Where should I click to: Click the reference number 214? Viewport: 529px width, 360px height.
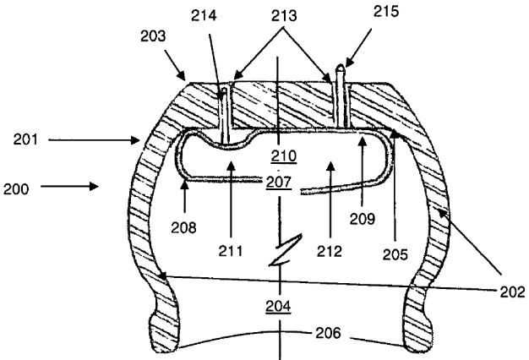tap(204, 15)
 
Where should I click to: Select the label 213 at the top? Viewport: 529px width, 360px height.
tap(284, 16)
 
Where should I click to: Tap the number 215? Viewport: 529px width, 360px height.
tap(386, 12)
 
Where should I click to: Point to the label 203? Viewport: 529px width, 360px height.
tap(153, 36)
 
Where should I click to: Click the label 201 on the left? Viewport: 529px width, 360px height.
tap(25, 139)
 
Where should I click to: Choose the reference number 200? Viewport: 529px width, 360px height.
tap(16, 189)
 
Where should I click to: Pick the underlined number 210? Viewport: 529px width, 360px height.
tap(284, 156)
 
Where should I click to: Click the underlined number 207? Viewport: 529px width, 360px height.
tap(279, 183)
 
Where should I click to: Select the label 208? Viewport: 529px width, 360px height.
tap(183, 228)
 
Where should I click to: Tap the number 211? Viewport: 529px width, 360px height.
tap(231, 251)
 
